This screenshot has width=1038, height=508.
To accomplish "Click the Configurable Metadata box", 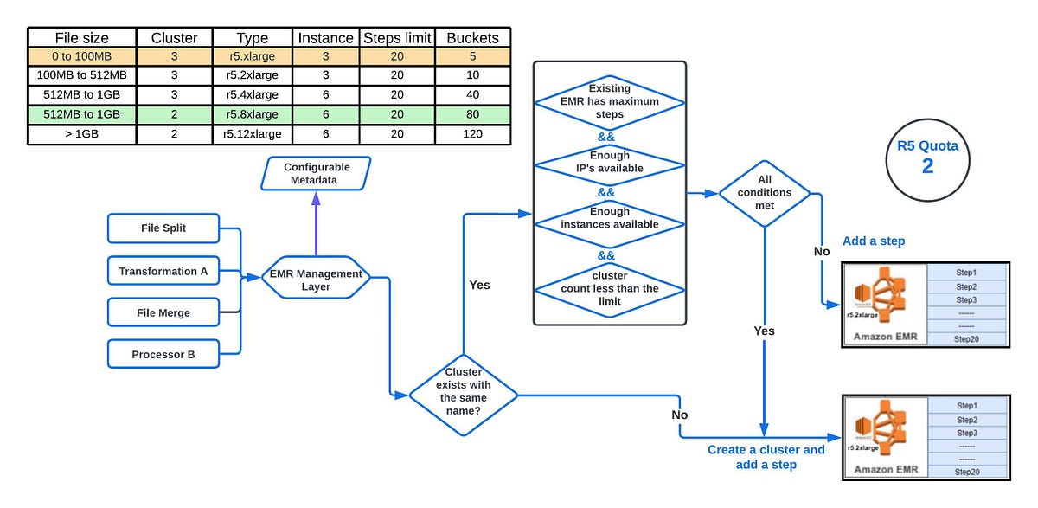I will [x=316, y=173].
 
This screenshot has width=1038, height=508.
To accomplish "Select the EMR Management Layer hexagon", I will [x=316, y=278].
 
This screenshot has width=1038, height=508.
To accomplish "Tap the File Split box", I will [x=163, y=228].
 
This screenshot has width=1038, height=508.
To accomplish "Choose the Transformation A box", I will [x=163, y=271].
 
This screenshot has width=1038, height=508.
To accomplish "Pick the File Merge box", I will [x=163, y=312].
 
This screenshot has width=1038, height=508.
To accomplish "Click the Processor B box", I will [x=163, y=354].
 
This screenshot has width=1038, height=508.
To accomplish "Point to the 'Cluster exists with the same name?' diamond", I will [x=463, y=395].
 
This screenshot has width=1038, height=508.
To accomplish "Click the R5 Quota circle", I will [x=927, y=157].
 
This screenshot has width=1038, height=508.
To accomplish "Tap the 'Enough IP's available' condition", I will [x=610, y=162].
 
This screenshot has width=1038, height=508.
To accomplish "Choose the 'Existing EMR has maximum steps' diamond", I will [x=610, y=101].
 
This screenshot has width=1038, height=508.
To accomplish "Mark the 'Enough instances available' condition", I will [x=610, y=218].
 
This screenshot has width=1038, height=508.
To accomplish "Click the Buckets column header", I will [x=472, y=37].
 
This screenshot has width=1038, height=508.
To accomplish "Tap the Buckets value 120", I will [x=472, y=134].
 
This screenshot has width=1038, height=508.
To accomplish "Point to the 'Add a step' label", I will [x=873, y=241].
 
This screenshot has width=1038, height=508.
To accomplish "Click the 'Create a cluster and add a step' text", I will [x=766, y=457].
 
